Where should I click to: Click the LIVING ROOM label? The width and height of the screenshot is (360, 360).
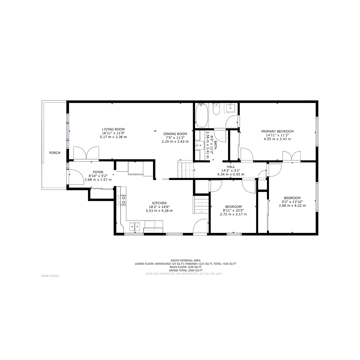[x=113, y=129]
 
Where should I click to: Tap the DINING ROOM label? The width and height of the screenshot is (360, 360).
[x=175, y=134]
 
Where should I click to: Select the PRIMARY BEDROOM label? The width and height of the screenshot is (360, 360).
[x=277, y=131]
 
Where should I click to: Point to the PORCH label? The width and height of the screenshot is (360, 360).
[x=55, y=153]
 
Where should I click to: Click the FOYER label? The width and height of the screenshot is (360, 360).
[x=98, y=172]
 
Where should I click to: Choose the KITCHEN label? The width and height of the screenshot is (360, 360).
[x=159, y=203]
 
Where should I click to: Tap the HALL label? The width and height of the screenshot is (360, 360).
[x=231, y=167]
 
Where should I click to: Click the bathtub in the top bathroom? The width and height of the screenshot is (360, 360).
[x=202, y=115]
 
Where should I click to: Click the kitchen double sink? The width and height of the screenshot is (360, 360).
[x=135, y=226]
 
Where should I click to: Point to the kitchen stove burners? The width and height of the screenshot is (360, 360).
[x=121, y=200]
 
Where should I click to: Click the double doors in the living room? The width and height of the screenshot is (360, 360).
[x=86, y=153]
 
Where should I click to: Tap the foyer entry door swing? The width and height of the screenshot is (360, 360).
[x=76, y=177]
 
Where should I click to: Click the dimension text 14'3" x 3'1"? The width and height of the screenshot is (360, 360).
[x=231, y=171]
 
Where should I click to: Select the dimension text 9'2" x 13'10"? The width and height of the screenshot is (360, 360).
[x=292, y=202]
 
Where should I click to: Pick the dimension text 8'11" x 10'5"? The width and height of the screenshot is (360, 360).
[x=233, y=211]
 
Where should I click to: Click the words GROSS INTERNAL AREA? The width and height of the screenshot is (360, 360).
[x=186, y=260]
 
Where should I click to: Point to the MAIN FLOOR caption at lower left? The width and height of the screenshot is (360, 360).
[x=50, y=276]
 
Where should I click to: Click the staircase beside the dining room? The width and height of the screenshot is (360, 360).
[x=186, y=169]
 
